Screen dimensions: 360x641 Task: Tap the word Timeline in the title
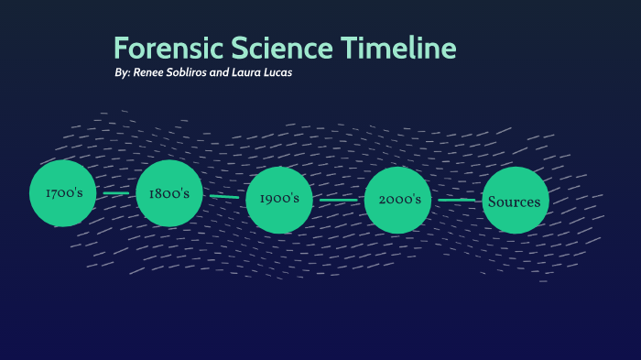tap(398, 49)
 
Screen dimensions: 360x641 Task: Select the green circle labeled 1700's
tap(62, 193)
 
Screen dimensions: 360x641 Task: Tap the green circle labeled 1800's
tap(168, 193)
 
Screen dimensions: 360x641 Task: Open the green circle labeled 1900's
tap(279, 199)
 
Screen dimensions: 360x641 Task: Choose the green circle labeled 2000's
tap(397, 199)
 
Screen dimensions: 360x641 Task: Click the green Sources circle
tap(515, 201)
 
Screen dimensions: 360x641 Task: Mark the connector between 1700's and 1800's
tap(116, 193)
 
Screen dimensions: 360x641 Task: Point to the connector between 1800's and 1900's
tap(224, 196)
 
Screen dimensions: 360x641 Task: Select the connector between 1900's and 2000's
tap(339, 200)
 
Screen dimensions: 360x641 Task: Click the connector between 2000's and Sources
tap(456, 200)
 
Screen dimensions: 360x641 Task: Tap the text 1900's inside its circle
tap(279, 199)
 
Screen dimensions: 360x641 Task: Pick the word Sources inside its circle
tap(515, 202)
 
